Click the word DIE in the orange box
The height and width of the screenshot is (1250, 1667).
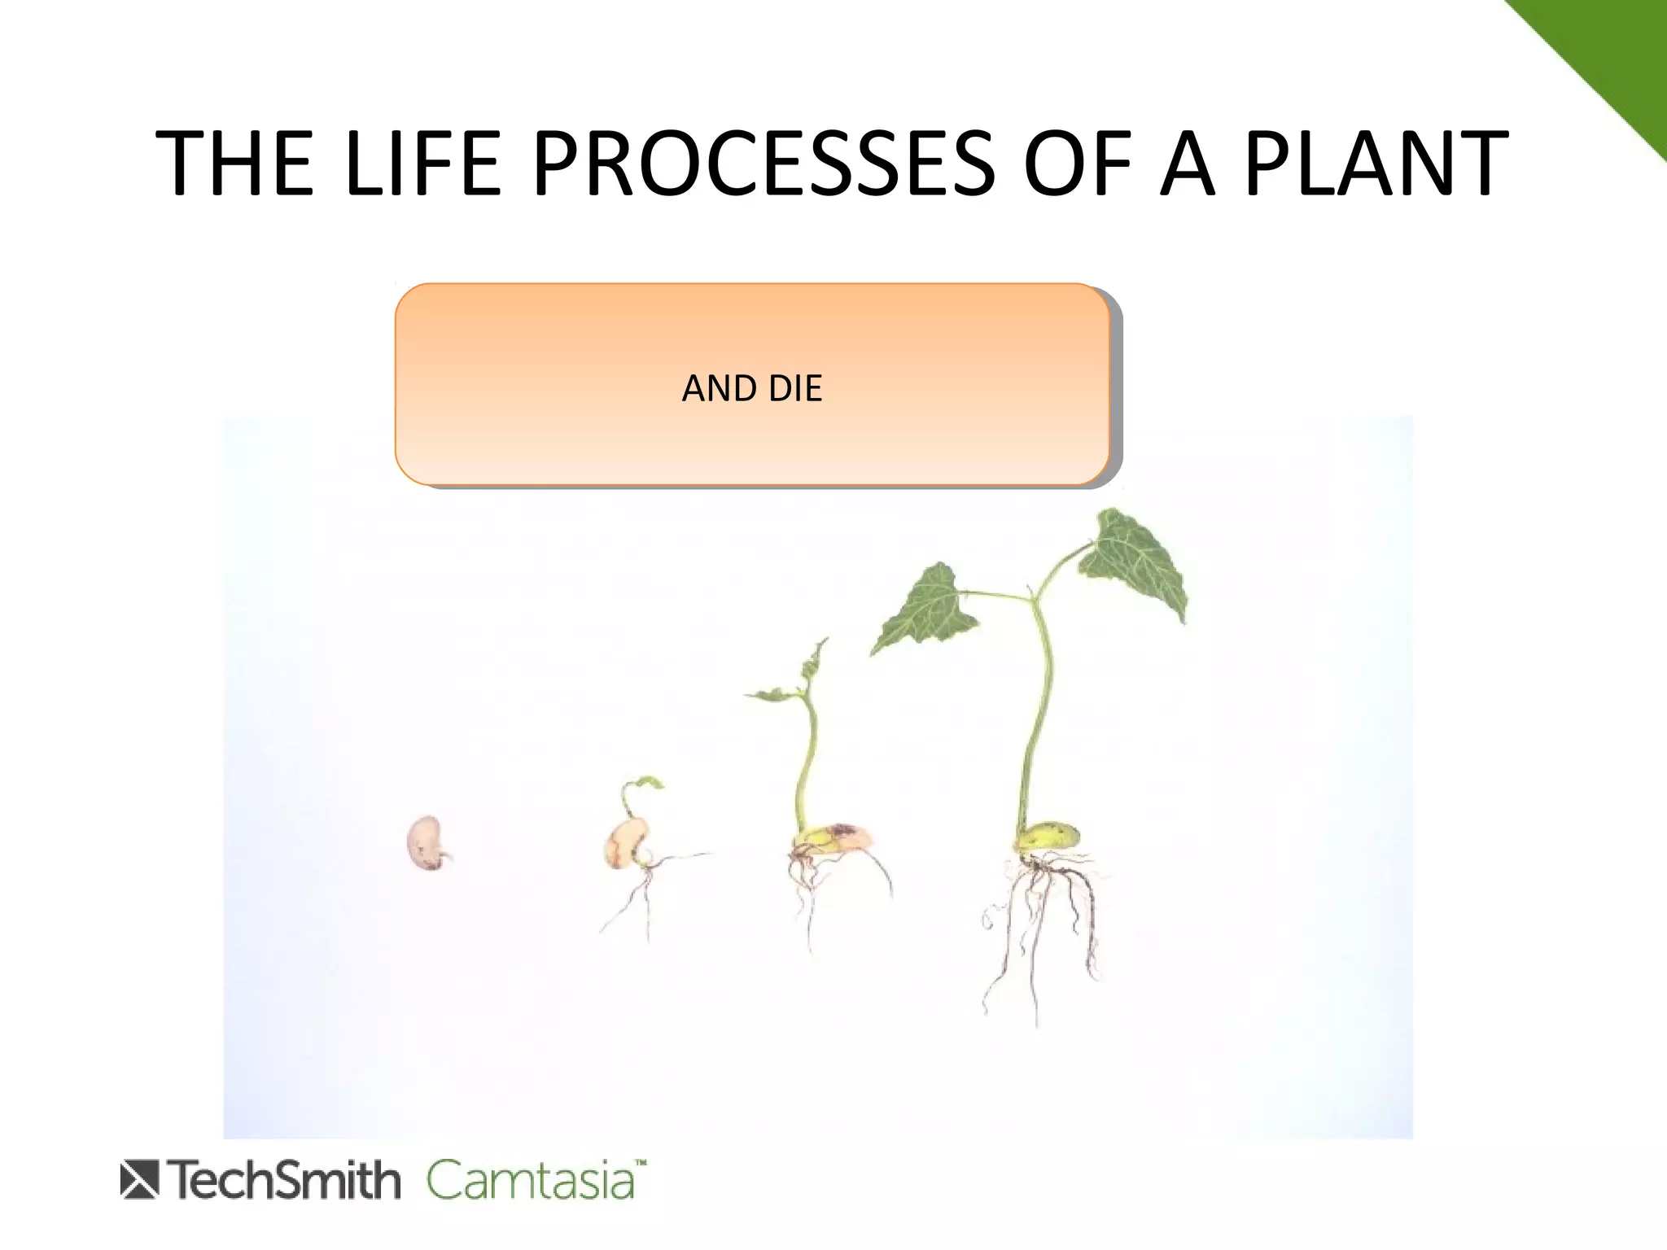[x=795, y=389]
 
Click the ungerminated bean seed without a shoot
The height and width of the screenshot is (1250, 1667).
[x=425, y=843]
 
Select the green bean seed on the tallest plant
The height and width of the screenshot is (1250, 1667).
[x=1050, y=837]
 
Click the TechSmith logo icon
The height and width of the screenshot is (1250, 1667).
[x=139, y=1181]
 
